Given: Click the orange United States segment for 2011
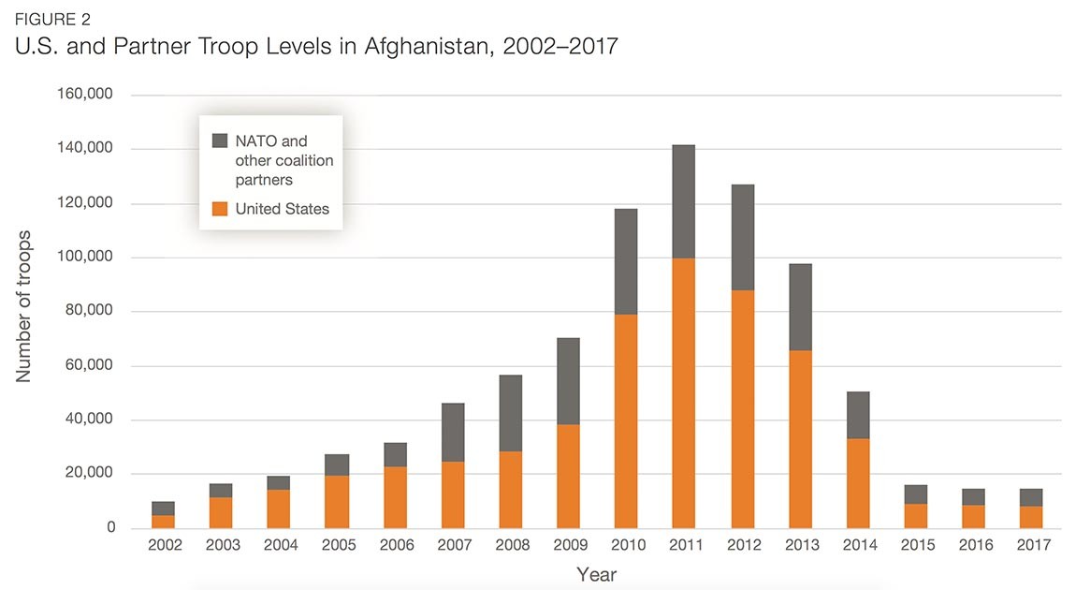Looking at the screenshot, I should point(683,392).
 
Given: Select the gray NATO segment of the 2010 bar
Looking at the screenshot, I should point(625,261).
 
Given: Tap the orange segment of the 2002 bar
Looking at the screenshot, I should point(163,522).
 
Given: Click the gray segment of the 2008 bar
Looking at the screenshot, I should point(510,413).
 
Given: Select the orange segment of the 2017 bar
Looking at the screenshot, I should point(1030,517).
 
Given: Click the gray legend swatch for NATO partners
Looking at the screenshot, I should point(220,140).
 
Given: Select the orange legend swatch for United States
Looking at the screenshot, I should point(220,209).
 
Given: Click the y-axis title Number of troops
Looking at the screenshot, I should point(24,305).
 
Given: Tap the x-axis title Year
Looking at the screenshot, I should point(596,574).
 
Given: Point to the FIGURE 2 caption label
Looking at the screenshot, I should point(52,18).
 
